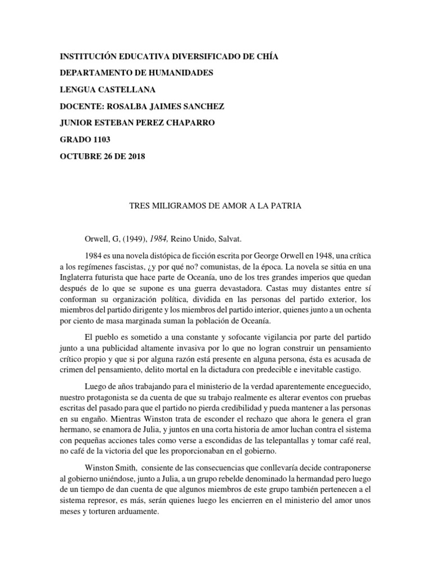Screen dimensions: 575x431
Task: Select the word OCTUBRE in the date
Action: pyautogui.click(x=80, y=157)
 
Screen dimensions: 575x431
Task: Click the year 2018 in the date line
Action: pyautogui.click(x=134, y=157)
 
